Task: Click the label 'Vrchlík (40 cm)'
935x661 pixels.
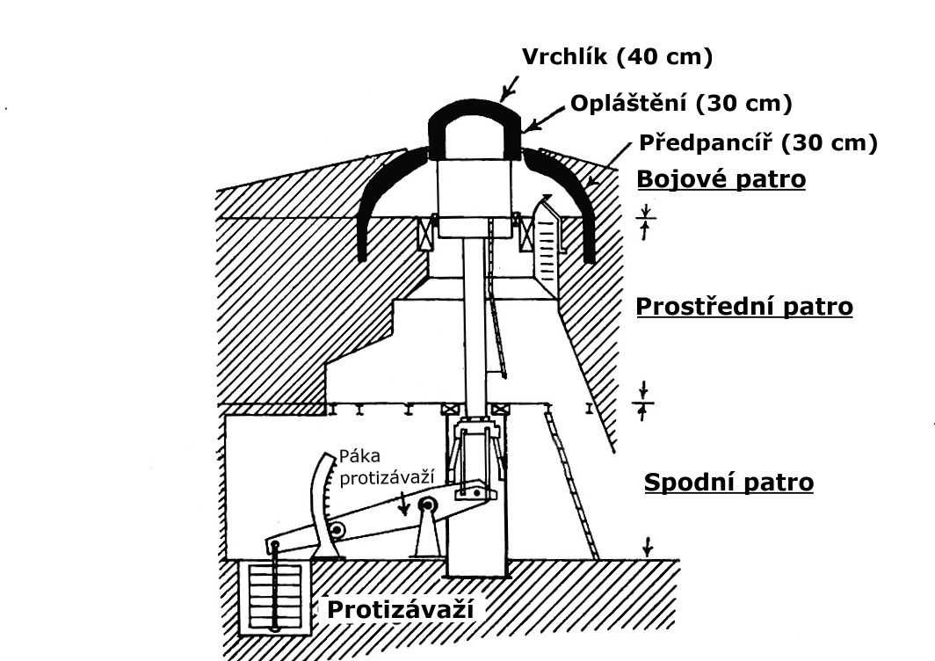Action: [x=617, y=57]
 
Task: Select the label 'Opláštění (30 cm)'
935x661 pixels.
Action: [x=681, y=104]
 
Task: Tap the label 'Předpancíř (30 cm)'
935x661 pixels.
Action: [x=757, y=143]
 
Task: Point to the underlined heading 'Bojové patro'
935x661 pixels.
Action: [x=721, y=179]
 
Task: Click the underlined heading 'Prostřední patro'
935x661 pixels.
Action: [x=744, y=307]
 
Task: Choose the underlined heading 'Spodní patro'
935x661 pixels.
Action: [x=728, y=483]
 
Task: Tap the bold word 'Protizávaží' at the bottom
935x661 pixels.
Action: [x=400, y=610]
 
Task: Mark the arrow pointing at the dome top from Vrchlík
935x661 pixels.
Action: [x=510, y=88]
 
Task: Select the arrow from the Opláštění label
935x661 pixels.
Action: [x=543, y=119]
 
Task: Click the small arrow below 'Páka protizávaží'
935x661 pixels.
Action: [x=405, y=503]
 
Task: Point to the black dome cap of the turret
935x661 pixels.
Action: [x=475, y=126]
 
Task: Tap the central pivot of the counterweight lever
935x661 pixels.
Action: [x=428, y=506]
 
